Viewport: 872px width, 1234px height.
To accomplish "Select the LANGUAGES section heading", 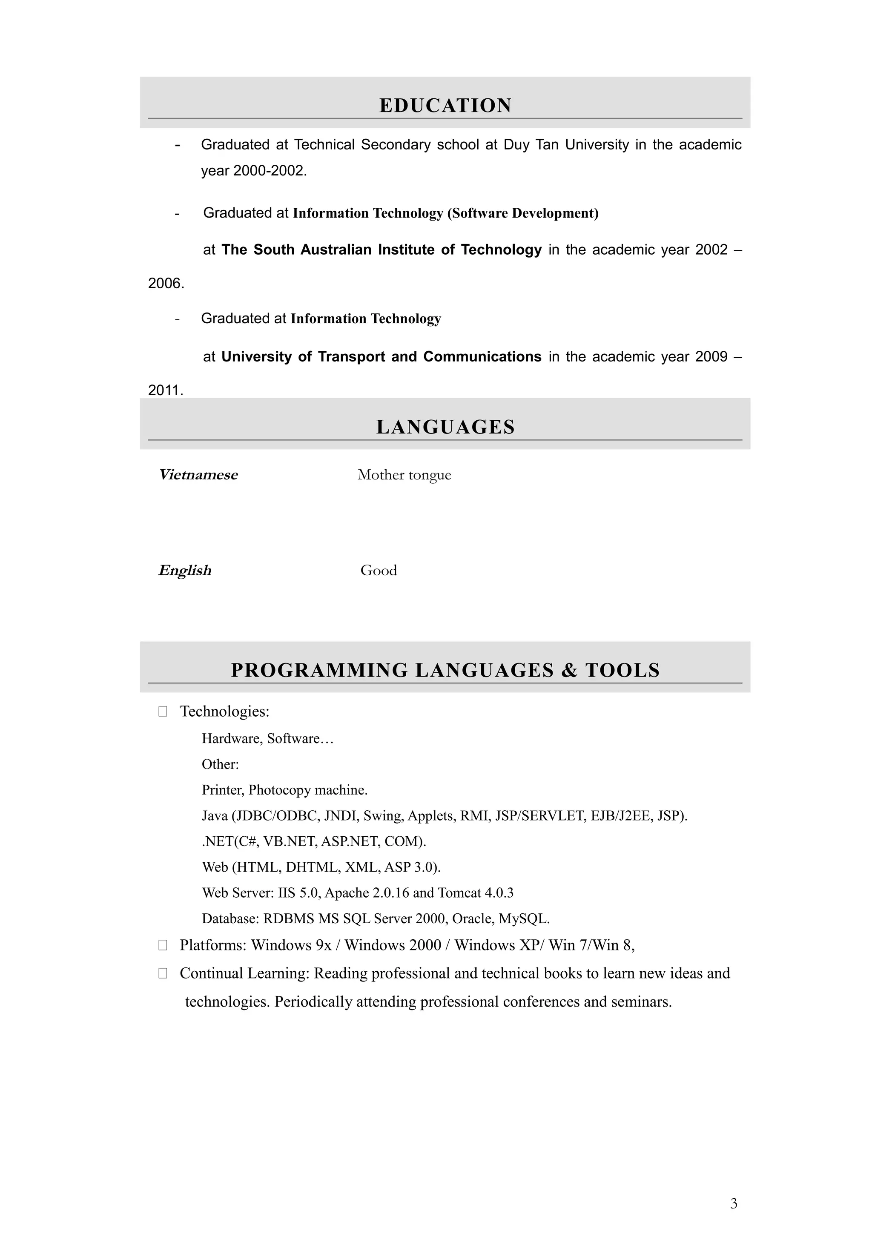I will pos(445,427).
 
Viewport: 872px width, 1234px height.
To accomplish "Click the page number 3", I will pos(733,1203).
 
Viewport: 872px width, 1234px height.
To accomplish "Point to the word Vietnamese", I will pos(198,475).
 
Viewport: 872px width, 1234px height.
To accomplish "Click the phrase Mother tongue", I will pos(404,475).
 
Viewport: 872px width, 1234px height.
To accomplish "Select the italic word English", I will pos(185,570).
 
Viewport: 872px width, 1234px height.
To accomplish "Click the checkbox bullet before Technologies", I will pos(163,712).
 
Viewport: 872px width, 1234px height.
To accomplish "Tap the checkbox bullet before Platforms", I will pos(163,945).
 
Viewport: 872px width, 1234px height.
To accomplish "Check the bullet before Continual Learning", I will pos(163,973).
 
